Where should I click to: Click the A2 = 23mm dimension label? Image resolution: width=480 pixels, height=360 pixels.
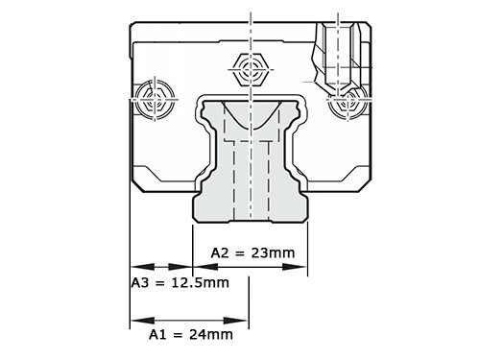(252, 252)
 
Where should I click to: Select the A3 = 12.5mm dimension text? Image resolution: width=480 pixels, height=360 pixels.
(180, 283)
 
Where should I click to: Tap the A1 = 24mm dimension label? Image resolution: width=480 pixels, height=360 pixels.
(191, 335)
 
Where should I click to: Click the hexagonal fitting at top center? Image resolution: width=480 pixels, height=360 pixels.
(251, 69)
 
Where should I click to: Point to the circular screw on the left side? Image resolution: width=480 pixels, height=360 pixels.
(155, 99)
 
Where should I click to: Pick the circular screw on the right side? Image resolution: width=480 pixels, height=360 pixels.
(348, 102)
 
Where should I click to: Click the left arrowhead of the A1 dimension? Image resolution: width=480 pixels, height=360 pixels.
(143, 321)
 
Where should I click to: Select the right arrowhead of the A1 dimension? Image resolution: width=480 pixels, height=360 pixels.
(235, 321)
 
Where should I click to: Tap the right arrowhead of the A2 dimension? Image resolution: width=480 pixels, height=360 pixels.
(295, 267)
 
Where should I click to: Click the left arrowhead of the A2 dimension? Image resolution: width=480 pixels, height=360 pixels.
(205, 267)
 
